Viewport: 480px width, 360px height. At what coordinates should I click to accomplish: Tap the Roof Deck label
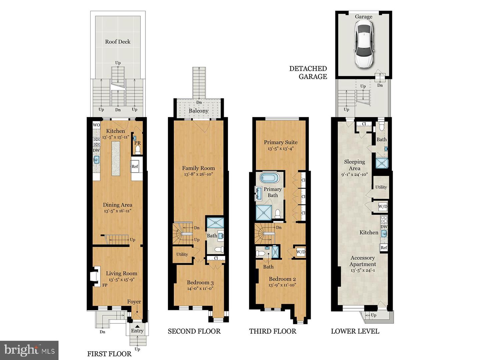(x=118, y=42)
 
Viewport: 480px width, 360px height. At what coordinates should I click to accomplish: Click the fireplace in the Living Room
(x=95, y=276)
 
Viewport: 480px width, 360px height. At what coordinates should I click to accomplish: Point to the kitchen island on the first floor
(x=116, y=158)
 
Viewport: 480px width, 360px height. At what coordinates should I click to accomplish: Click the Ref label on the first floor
(x=135, y=166)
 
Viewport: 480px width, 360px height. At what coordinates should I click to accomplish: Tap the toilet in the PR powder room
(x=138, y=150)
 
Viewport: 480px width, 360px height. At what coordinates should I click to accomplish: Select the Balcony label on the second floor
(x=199, y=111)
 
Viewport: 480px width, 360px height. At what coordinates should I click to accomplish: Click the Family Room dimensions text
(x=198, y=174)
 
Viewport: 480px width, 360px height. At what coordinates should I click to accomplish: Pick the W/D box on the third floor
(x=301, y=252)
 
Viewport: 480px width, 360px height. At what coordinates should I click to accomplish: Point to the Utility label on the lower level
(x=381, y=187)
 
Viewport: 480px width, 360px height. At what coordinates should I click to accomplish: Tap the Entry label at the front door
(x=137, y=331)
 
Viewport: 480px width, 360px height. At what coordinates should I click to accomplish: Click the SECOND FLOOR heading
(x=194, y=331)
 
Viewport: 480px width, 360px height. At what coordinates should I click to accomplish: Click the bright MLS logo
(x=29, y=350)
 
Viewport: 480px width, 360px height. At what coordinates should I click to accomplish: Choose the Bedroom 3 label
(x=200, y=282)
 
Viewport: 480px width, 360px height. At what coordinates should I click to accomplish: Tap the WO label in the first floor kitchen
(x=96, y=125)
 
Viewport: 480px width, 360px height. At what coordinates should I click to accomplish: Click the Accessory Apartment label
(x=363, y=261)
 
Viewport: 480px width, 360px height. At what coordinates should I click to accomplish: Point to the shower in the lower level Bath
(x=382, y=163)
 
